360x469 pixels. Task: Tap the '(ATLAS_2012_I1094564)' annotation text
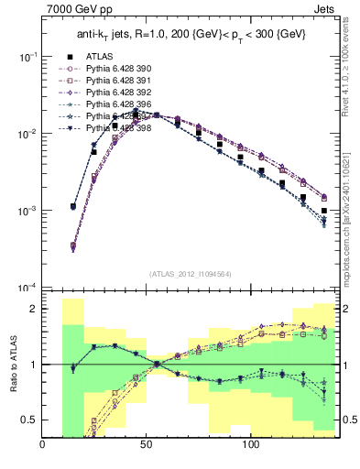pos(191,273)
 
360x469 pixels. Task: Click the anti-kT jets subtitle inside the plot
pos(191,35)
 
